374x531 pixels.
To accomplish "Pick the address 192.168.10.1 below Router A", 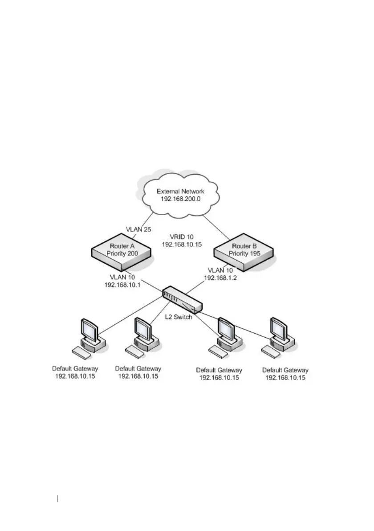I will (x=122, y=285).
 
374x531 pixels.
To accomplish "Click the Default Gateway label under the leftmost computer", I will (x=75, y=369).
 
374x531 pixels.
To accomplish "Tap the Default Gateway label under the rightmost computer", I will (x=285, y=370).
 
